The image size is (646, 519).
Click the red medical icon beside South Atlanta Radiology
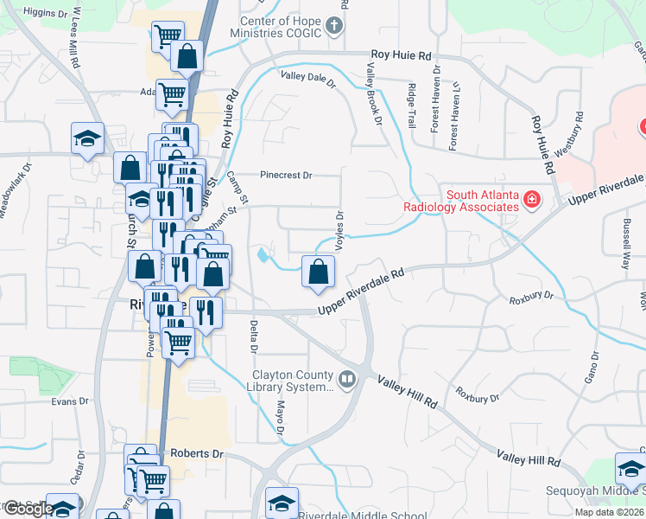pyautogui.click(x=533, y=202)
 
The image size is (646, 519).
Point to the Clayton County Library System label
pyautogui.click(x=292, y=381)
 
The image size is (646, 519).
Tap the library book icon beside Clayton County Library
pyautogui.click(x=346, y=379)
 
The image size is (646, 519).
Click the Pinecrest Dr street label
pyautogui.click(x=286, y=175)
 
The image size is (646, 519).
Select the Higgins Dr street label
pyautogui.click(x=45, y=14)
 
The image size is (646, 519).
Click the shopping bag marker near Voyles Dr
pyautogui.click(x=319, y=272)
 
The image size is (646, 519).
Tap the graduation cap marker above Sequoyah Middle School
pyautogui.click(x=630, y=469)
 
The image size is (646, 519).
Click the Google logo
pyautogui.click(x=28, y=509)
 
